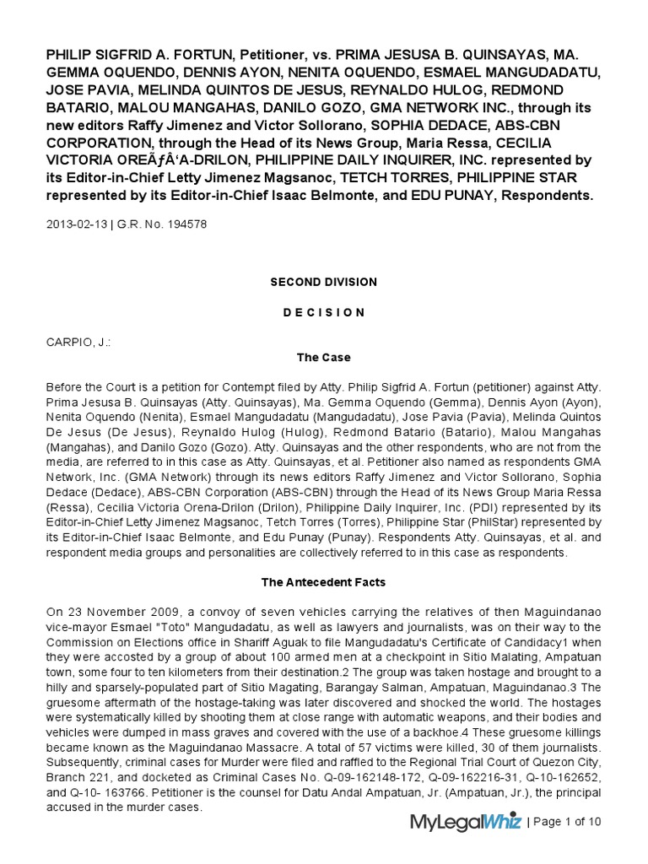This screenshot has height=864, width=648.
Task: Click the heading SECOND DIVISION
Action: [x=323, y=282]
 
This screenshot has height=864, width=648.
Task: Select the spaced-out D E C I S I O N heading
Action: [x=323, y=312]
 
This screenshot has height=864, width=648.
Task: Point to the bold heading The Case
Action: [x=323, y=358]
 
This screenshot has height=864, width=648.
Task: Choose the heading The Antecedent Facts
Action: [x=323, y=582]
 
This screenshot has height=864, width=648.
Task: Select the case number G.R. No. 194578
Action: [x=166, y=224]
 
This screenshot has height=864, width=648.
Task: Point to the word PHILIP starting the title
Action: [x=73, y=56]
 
